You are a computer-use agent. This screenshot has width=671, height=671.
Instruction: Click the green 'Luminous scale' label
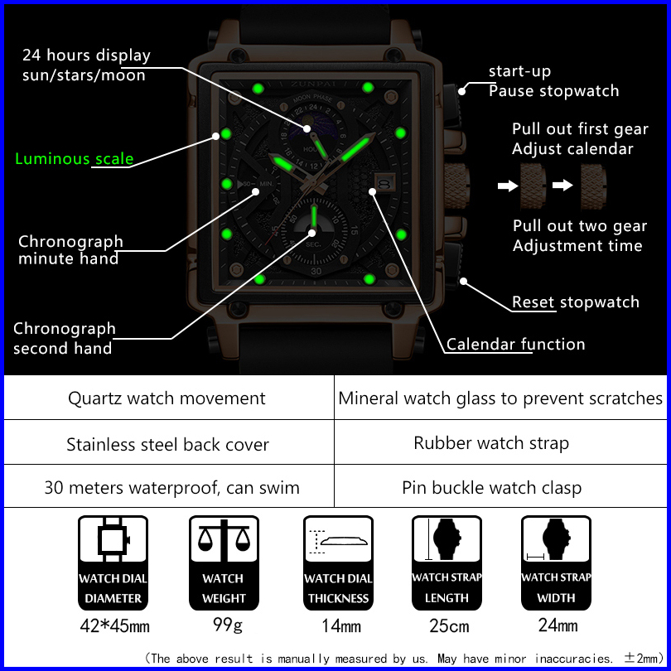pos(74,159)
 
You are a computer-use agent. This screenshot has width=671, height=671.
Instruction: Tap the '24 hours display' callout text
pos(86,56)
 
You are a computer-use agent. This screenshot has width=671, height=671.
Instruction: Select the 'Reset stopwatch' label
pos(575,302)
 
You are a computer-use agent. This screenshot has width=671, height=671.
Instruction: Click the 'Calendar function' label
pos(515,345)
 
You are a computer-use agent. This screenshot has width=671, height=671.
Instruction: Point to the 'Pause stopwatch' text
pos(553,91)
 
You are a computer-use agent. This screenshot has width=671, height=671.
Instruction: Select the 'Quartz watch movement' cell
pos(167,398)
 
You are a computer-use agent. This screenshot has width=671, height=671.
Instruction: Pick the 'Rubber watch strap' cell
pos(491,443)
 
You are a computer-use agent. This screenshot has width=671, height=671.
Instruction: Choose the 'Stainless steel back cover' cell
pos(167,445)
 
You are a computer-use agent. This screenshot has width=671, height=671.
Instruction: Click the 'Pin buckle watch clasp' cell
pos(491,488)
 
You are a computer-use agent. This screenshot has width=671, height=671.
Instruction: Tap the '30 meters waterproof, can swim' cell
pos(171,488)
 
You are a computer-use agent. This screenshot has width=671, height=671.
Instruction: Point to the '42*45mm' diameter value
pos(114,626)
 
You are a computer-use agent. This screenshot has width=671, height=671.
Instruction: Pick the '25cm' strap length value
pos(447,626)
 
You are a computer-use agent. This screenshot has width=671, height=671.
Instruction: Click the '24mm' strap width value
pos(558,625)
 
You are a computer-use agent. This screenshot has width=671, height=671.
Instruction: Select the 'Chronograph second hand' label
pos(64,338)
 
